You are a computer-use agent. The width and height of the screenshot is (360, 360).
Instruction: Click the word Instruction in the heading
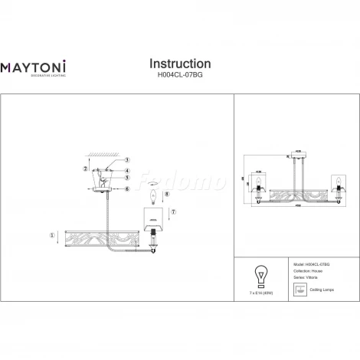(179, 64)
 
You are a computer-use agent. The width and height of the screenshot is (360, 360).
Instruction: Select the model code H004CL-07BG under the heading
(179, 77)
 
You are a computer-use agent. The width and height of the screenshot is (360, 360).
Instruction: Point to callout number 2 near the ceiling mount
(86, 168)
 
